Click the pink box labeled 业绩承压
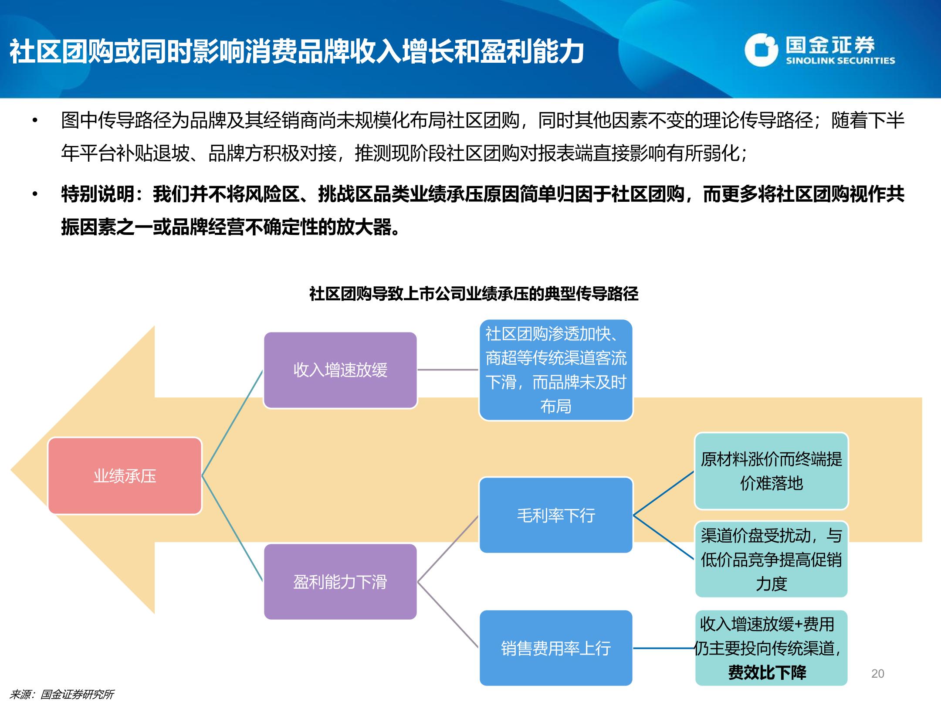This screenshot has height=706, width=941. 125,476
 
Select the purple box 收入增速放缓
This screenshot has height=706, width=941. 340,370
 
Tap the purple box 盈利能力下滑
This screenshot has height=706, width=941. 340,582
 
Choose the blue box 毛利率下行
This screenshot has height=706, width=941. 556,515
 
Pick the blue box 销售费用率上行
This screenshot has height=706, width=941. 556,648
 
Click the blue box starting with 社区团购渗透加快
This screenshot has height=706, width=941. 556,370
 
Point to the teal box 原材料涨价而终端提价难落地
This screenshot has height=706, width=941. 771,471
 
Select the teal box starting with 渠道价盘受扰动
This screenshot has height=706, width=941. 771,559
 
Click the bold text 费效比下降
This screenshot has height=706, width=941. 767,672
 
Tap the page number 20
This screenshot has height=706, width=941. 878,674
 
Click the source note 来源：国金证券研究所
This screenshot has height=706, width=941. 61,695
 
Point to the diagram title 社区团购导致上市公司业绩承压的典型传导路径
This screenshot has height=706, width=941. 474,294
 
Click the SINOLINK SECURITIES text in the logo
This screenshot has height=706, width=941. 840,61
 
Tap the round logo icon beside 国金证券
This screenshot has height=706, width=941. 761,50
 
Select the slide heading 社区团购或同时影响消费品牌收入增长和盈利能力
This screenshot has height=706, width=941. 297,51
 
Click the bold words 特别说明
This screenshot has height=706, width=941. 98,194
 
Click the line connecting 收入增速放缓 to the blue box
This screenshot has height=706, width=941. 448,370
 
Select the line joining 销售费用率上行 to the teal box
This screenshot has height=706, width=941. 663,648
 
